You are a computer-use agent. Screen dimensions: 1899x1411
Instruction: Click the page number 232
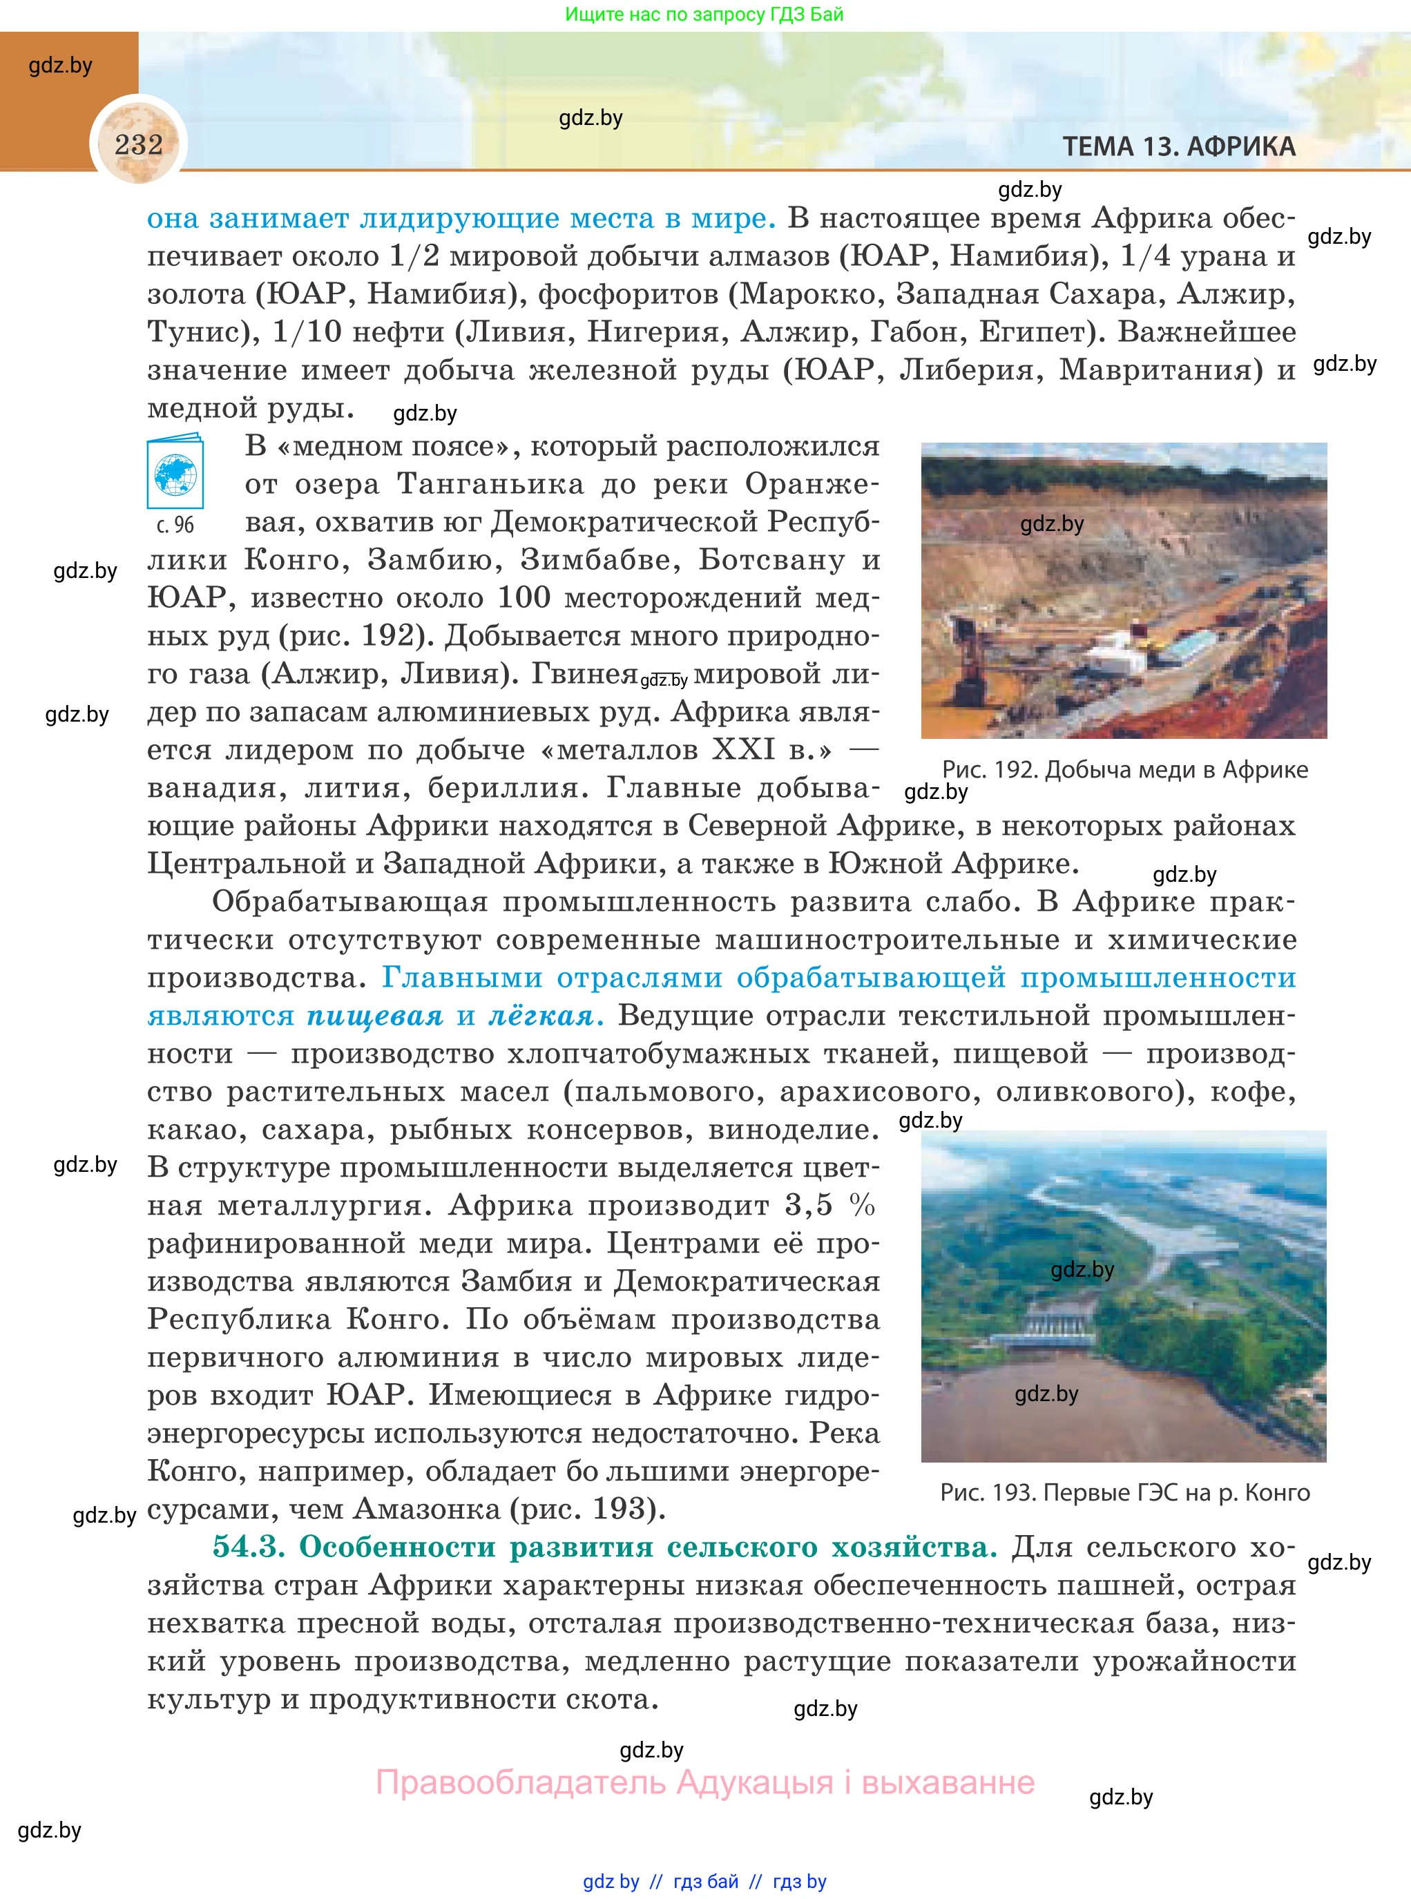coord(138,144)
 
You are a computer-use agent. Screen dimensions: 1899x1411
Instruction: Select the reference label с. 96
coord(175,525)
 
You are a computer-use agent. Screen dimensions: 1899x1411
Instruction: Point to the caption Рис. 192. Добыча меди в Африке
coord(1124,769)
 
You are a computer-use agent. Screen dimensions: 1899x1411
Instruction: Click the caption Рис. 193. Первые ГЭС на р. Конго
coord(1124,1492)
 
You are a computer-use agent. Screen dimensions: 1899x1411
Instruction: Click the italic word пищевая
coord(375,1015)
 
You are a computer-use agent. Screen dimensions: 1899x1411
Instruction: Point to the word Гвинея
coord(584,674)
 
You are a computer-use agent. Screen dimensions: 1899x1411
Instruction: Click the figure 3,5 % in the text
coord(829,1205)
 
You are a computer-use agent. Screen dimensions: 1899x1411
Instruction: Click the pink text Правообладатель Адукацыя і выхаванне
coord(704,1783)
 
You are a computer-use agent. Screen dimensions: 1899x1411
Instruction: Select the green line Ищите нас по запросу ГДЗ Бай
coord(704,15)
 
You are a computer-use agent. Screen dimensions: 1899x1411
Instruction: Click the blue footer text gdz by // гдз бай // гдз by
coord(704,1881)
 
